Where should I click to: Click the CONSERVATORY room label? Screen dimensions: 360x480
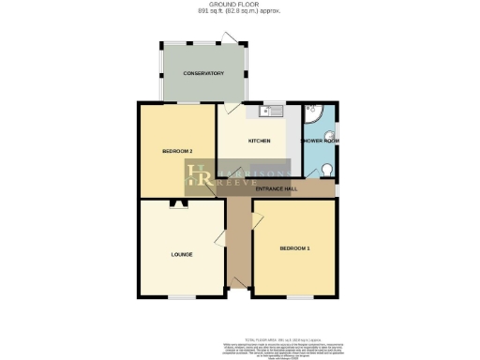click(x=203, y=72)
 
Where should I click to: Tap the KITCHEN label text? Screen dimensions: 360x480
click(x=260, y=141)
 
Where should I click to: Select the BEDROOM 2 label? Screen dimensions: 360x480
click(x=177, y=151)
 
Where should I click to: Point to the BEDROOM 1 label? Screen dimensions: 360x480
click(x=294, y=247)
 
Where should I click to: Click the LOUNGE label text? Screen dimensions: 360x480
click(x=181, y=253)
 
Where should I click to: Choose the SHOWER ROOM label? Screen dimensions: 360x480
click(x=320, y=141)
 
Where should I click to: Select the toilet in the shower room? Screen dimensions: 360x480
click(x=325, y=170)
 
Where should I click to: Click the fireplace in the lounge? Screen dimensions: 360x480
click(x=177, y=203)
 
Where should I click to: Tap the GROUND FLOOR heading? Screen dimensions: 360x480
click(x=238, y=6)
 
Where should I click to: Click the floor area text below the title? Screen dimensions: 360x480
click(x=238, y=12)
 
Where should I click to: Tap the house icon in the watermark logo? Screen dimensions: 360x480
click(x=199, y=173)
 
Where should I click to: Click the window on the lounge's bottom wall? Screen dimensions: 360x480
click(x=183, y=295)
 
